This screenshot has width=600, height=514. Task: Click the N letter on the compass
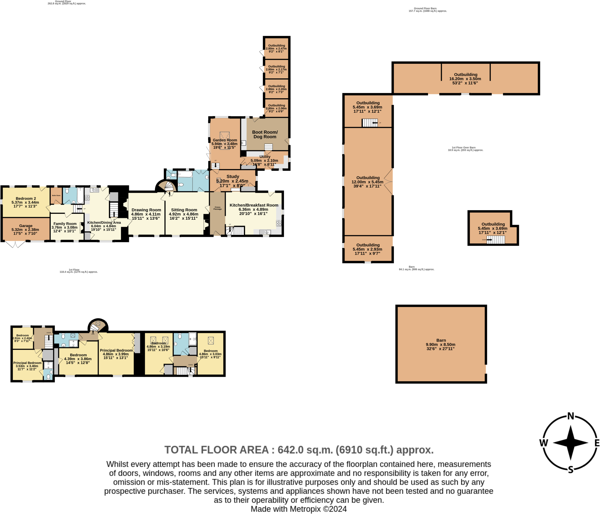click(570, 416)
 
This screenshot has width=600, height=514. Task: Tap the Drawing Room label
click(146, 210)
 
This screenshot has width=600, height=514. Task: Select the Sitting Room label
click(184, 210)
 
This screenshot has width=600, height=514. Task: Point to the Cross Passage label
click(217, 208)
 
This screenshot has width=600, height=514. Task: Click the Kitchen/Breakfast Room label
click(254, 205)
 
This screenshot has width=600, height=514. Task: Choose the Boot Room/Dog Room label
click(265, 134)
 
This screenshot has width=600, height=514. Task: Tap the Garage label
click(26, 226)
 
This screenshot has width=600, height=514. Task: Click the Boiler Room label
click(56, 195)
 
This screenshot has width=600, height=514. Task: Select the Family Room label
click(65, 224)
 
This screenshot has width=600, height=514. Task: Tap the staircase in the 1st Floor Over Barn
click(495, 240)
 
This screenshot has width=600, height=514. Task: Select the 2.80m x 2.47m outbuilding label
click(276, 48)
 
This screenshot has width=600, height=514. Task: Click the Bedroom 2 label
click(26, 198)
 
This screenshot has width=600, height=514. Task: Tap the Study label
click(233, 176)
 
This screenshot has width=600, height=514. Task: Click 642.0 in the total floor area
click(290, 450)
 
